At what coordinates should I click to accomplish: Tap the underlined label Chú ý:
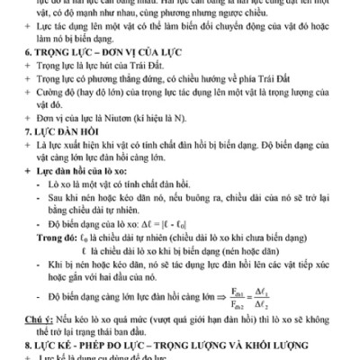38,319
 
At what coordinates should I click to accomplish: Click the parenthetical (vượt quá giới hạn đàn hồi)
204,319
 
